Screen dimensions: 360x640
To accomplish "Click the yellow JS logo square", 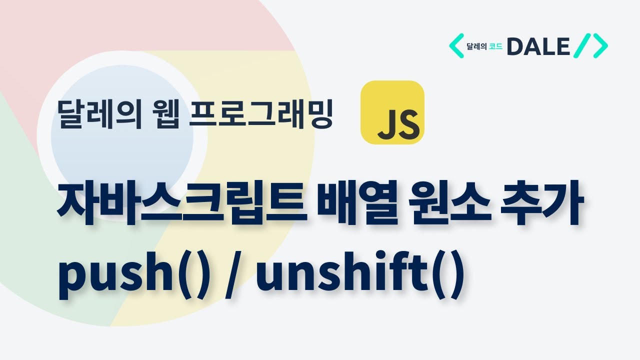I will [392, 112].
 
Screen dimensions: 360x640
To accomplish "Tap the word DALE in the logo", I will [538, 46].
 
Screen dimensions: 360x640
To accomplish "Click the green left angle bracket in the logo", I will [456, 46].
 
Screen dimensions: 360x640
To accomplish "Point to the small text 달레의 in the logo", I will [476, 47].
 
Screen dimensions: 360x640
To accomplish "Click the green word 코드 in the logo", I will [495, 47].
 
